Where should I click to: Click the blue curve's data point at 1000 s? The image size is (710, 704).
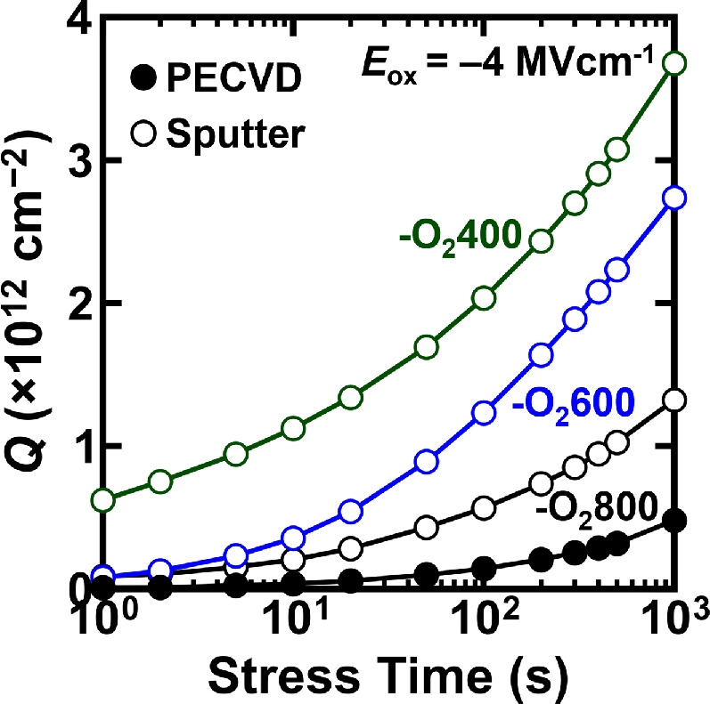coord(674,198)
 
